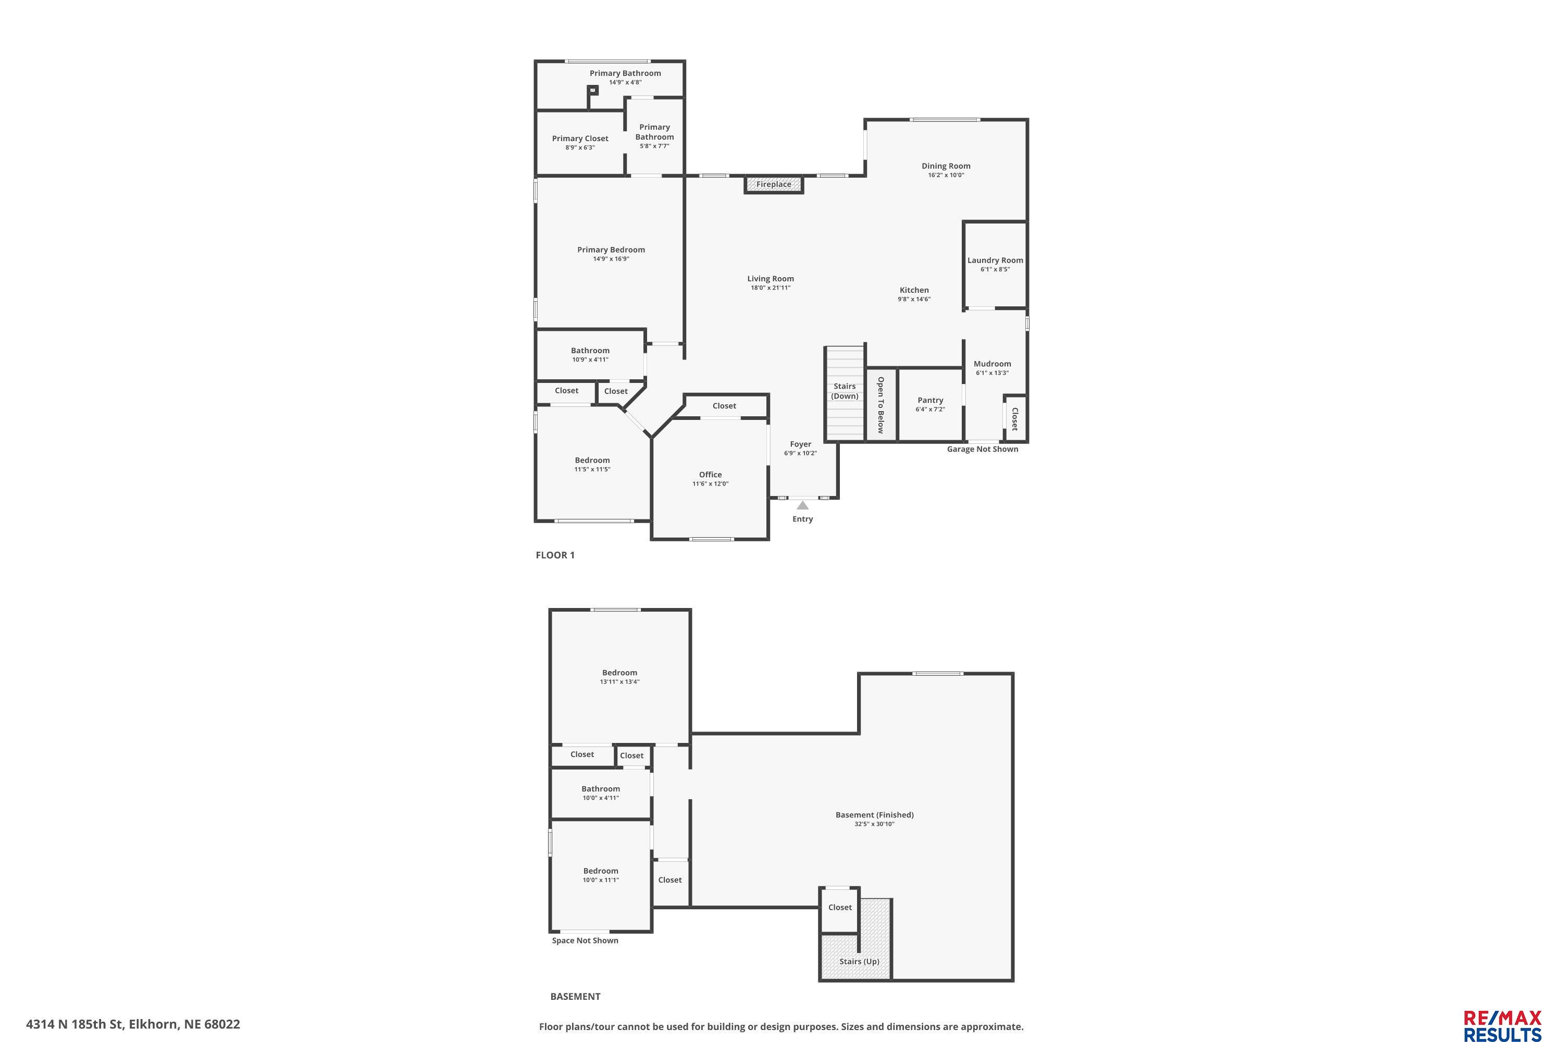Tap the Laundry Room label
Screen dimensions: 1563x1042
coord(995,260)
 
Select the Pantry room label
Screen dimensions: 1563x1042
coord(931,400)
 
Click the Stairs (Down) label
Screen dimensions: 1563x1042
coord(845,391)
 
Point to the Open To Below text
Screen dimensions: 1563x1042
coord(880,405)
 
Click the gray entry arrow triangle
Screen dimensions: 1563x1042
coord(803,505)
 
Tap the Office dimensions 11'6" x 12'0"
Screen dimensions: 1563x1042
coord(711,484)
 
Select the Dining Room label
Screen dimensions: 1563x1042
coord(946,166)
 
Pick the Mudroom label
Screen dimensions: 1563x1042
coord(992,364)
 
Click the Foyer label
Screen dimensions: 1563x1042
coord(801,444)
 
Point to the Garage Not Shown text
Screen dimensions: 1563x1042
coord(982,449)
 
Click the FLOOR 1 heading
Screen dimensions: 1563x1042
coord(555,555)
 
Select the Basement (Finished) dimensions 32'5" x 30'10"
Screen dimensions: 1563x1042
coord(875,824)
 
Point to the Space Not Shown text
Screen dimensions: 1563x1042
coord(585,940)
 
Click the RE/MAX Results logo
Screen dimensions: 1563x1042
coord(1503,1025)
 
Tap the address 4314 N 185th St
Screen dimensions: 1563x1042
coord(75,1024)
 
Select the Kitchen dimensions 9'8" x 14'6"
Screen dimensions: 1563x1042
coord(914,300)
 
